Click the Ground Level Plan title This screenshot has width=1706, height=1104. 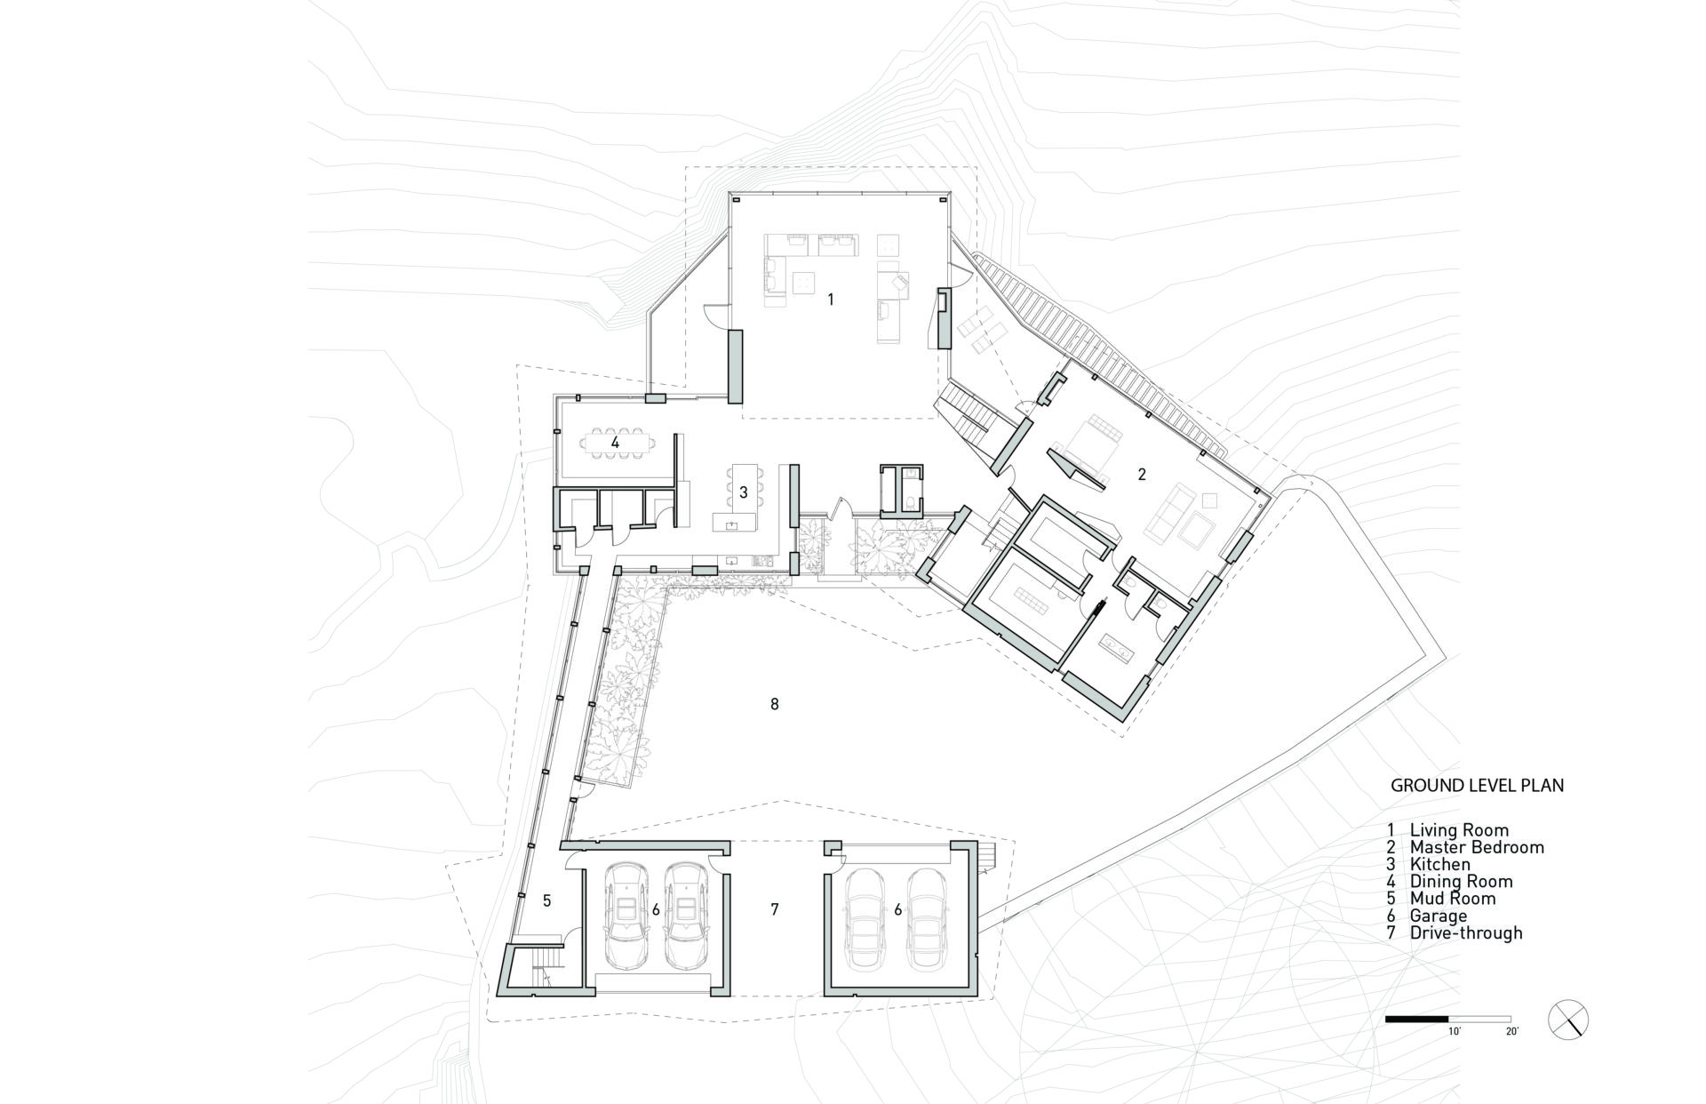pos(1477,786)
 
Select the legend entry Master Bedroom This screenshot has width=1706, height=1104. pos(1476,847)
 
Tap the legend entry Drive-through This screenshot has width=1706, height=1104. pos(1465,932)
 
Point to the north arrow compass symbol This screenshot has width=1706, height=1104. pos(1567,1019)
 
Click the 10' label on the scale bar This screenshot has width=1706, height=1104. pos(1455,1032)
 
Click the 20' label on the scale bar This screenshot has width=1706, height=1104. pos(1511,1032)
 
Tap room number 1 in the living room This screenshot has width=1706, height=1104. pos(831,300)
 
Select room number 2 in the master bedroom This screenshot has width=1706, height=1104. pos(1142,475)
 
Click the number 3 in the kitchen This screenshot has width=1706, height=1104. pos(743,492)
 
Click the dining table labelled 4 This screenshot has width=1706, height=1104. pos(615,442)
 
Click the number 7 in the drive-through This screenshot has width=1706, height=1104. pos(775,909)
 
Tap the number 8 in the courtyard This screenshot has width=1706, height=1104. pos(775,704)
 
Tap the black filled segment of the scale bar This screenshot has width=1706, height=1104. pos(1417,1019)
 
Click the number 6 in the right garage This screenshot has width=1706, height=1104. pos(898,909)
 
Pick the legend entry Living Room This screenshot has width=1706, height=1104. pos(1458,830)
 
